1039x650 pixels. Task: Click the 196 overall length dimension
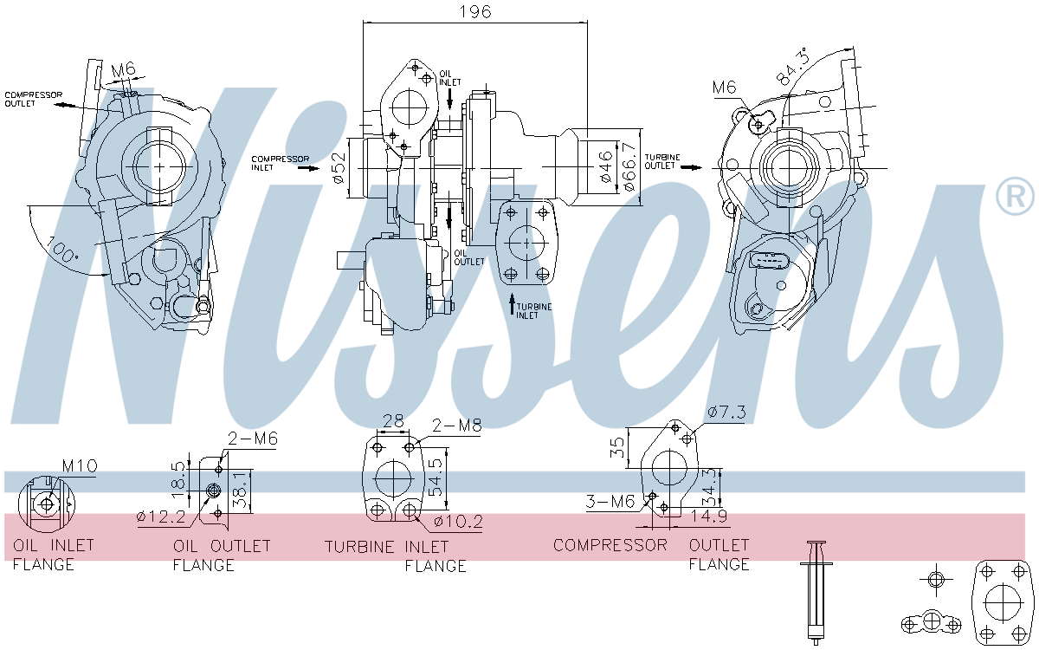[474, 11]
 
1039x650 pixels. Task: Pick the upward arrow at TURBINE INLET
[512, 303]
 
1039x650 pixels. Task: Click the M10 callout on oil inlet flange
[79, 466]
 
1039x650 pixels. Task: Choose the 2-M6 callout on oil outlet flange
[252, 439]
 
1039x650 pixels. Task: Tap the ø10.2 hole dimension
[458, 522]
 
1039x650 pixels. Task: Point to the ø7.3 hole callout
[726, 413]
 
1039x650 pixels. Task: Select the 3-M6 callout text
[610, 501]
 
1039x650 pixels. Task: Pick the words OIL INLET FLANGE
[53, 556]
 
